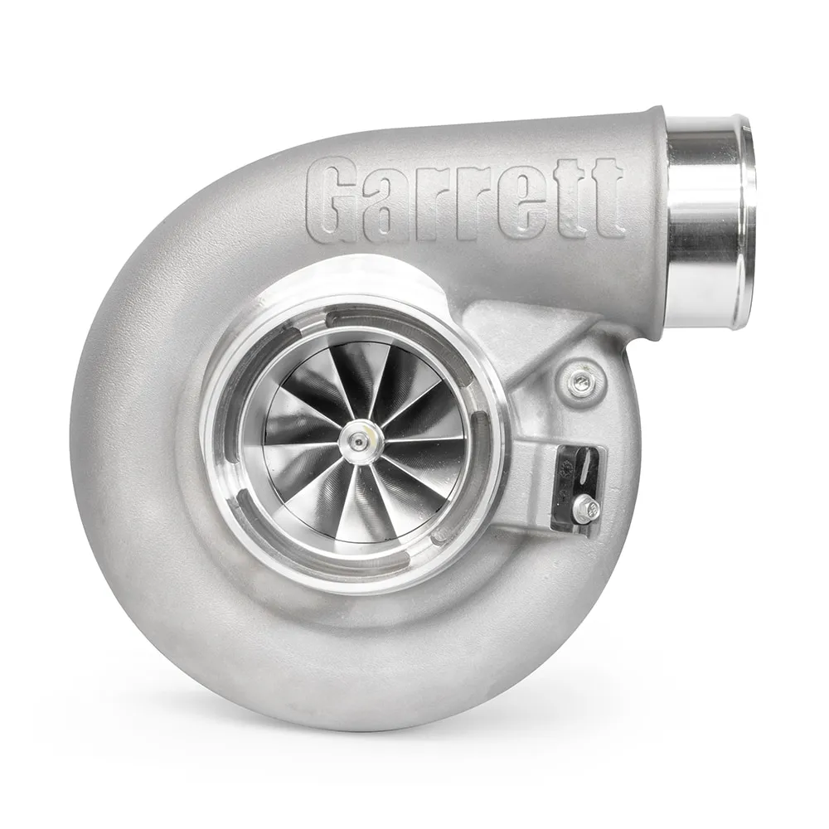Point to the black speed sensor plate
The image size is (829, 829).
[580, 481]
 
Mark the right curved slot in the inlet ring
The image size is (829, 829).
[486, 448]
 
